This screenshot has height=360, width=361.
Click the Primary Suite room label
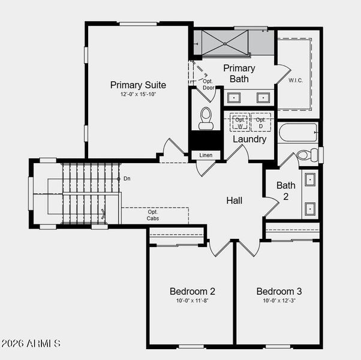[x=138, y=85]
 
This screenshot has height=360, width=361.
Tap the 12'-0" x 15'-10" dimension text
[x=138, y=95]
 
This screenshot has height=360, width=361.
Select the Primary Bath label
[x=239, y=73]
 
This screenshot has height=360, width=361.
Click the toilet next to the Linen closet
[x=206, y=118]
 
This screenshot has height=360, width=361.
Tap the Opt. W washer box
[x=240, y=122]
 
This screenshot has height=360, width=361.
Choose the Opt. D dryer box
[x=260, y=122]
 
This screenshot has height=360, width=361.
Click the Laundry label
[x=249, y=139]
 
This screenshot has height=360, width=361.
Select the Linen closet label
[x=206, y=155]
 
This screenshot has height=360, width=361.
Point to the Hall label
[x=234, y=200]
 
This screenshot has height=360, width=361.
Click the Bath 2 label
[x=286, y=190]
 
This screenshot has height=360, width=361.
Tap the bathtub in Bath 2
[x=298, y=133]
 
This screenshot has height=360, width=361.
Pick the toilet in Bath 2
[x=305, y=155]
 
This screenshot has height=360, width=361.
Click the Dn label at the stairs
[x=127, y=179]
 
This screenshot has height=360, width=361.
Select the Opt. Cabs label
[x=154, y=215]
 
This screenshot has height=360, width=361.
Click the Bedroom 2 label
[x=192, y=292]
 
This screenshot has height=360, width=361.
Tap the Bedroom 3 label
[x=279, y=292]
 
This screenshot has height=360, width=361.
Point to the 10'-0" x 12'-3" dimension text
[x=279, y=301]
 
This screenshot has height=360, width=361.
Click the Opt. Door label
[x=208, y=85]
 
